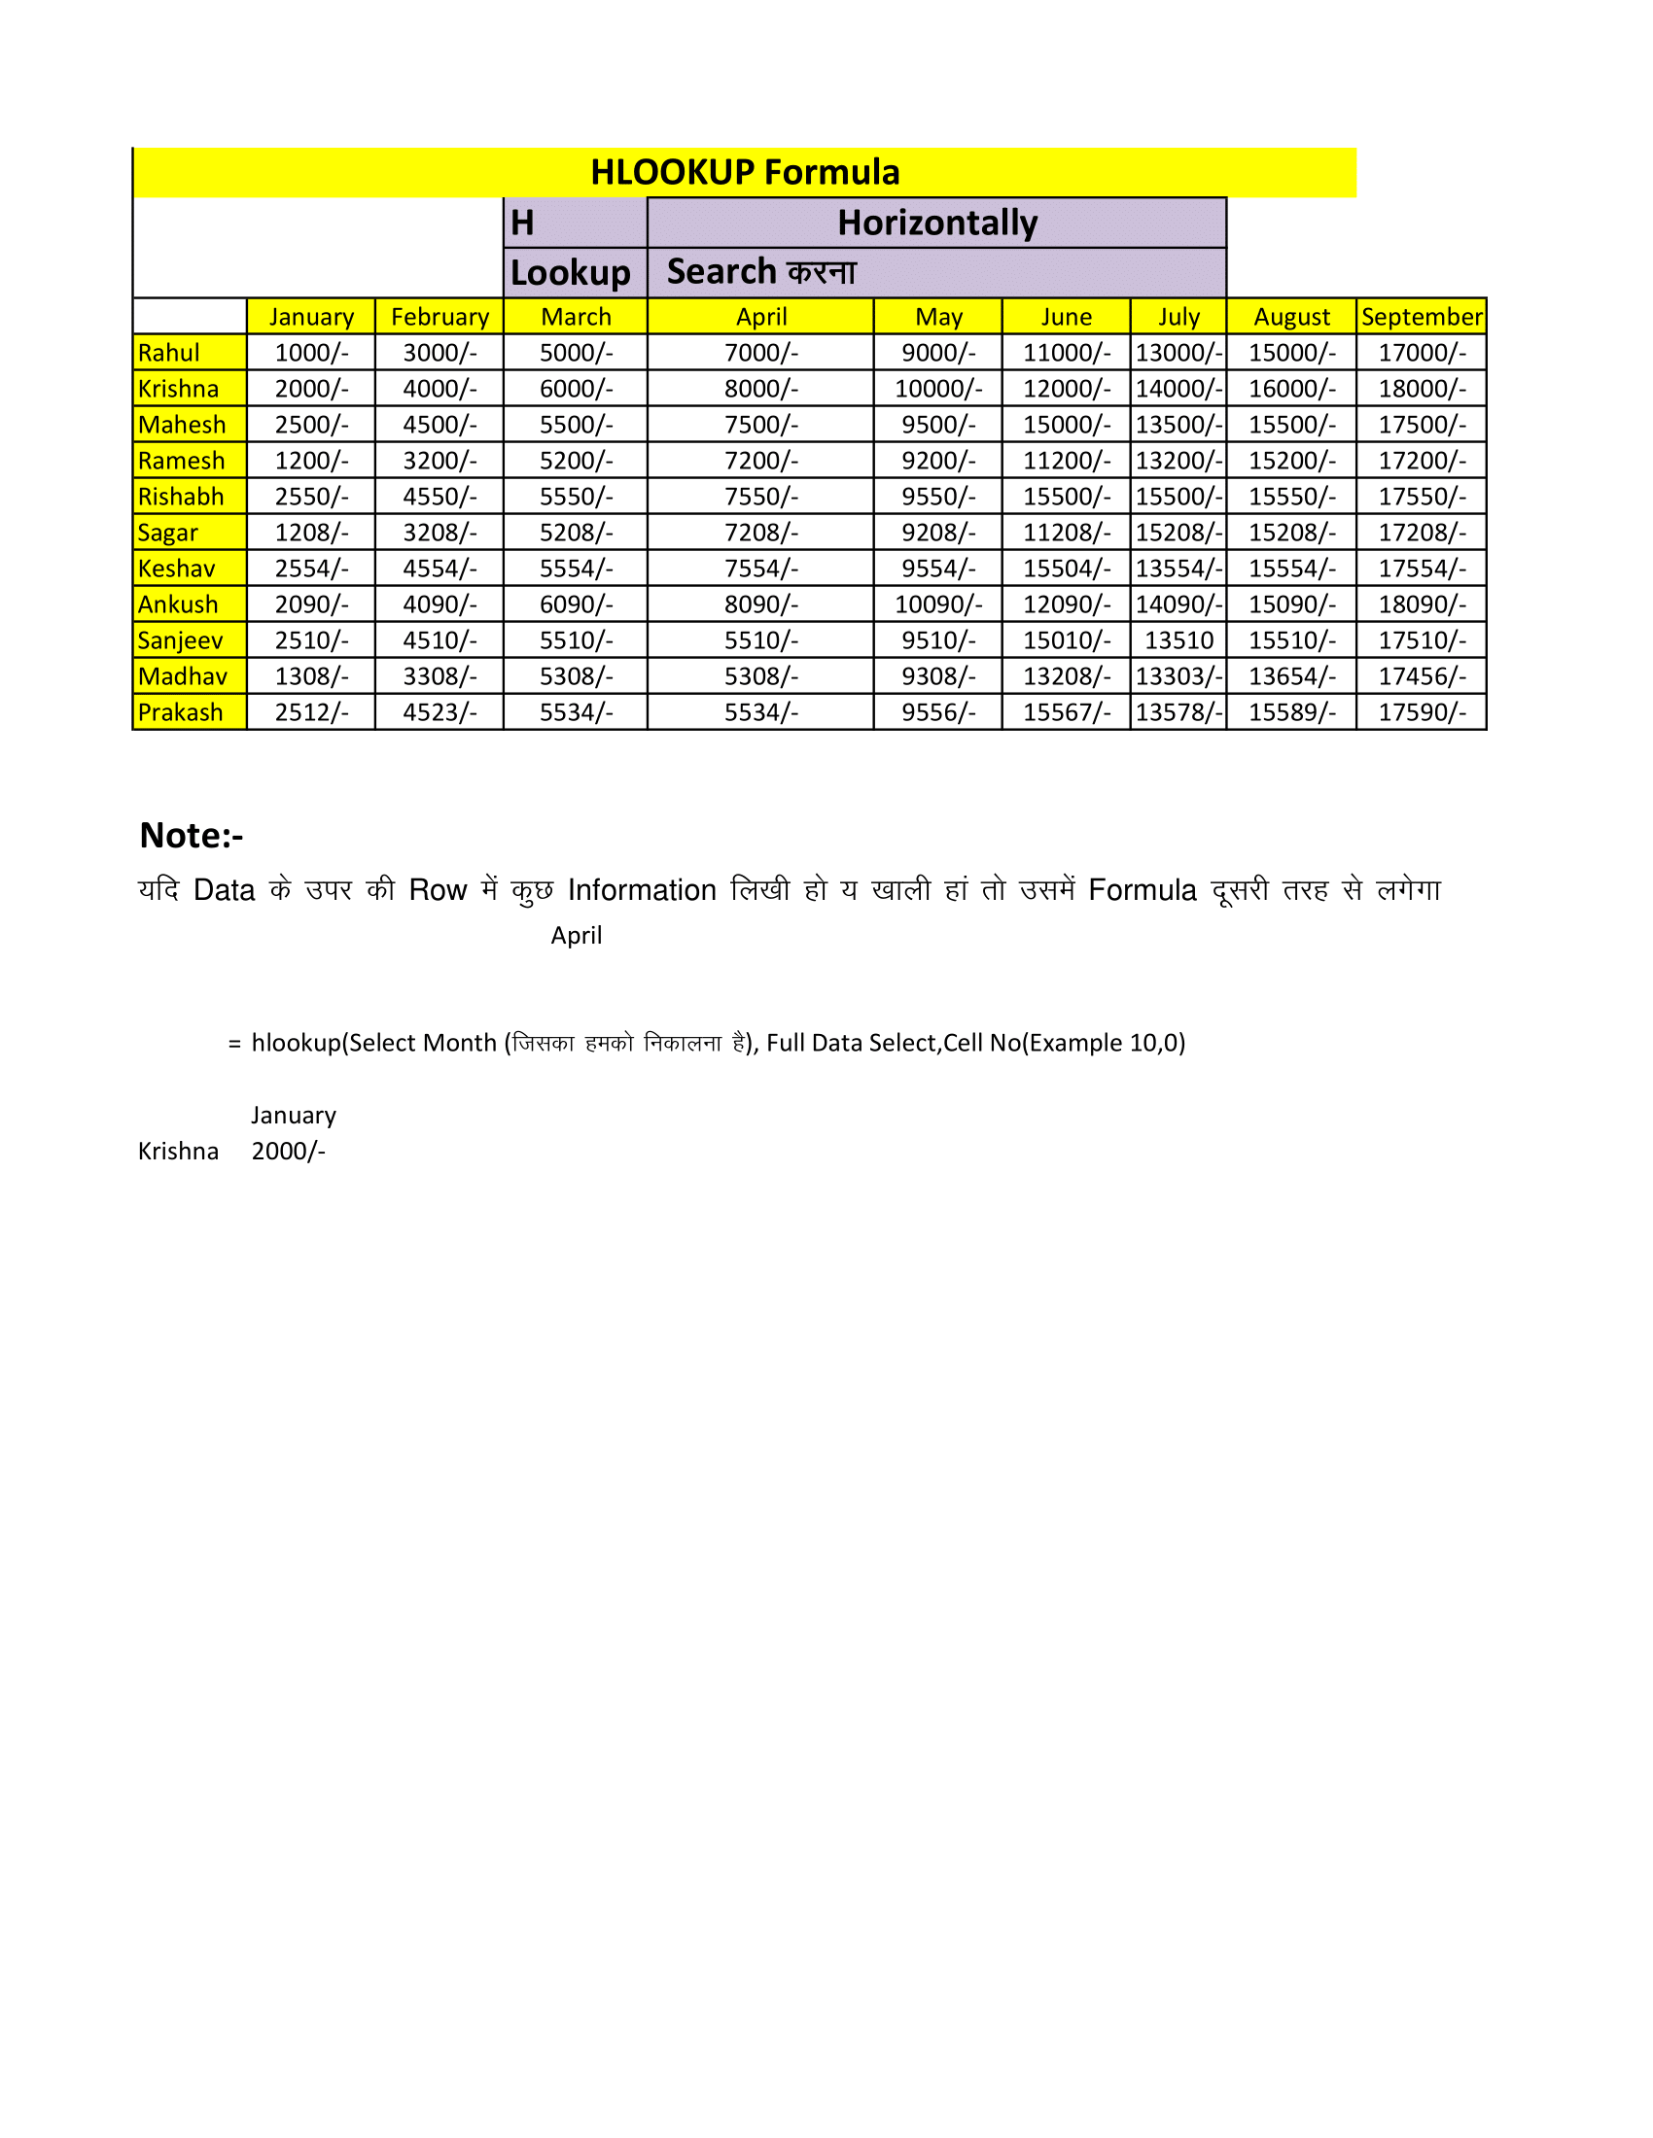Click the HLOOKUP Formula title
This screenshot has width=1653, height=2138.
coord(744,172)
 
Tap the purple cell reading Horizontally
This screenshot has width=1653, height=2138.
coord(936,224)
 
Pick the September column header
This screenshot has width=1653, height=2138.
coord(1421,317)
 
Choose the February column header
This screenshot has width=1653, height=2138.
coord(440,317)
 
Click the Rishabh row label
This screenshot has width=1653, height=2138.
coord(181,498)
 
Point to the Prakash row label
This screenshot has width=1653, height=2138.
coord(181,712)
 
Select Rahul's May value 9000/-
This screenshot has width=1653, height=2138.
coord(938,354)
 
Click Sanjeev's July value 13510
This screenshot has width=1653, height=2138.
coord(1179,641)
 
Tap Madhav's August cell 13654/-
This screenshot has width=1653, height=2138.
coord(1291,676)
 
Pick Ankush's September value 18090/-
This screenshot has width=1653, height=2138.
coord(1422,605)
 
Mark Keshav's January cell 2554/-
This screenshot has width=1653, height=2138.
coord(311,569)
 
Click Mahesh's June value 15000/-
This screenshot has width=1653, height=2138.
coord(1067,425)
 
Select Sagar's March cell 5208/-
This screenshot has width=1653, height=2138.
coord(576,533)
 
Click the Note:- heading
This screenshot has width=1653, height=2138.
coord(192,836)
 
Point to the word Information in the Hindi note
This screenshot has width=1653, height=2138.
coord(643,891)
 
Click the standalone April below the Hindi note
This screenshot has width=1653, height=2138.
coord(576,936)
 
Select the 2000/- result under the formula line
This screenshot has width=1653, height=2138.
coord(289,1152)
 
